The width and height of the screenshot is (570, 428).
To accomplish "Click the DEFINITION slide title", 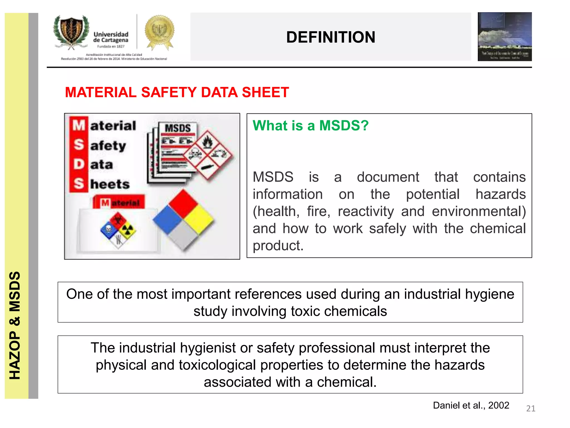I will coord(330,37).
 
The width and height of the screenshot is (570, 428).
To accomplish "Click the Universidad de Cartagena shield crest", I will coord(72,31).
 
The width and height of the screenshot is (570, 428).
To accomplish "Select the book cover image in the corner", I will coord(504,37).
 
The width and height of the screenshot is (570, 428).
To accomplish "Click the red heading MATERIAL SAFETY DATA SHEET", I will coord(177,92).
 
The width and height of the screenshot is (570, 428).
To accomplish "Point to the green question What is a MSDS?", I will coord(310,125).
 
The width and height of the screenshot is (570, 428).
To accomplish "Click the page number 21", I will coord(530,408).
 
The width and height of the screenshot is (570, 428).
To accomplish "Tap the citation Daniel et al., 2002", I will coord(471,405).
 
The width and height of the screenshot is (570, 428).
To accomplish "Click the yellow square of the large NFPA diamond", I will coord(199,219).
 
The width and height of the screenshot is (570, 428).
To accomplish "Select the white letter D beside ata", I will coord(79,164).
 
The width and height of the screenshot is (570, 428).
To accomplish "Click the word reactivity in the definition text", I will coord(366,211).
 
